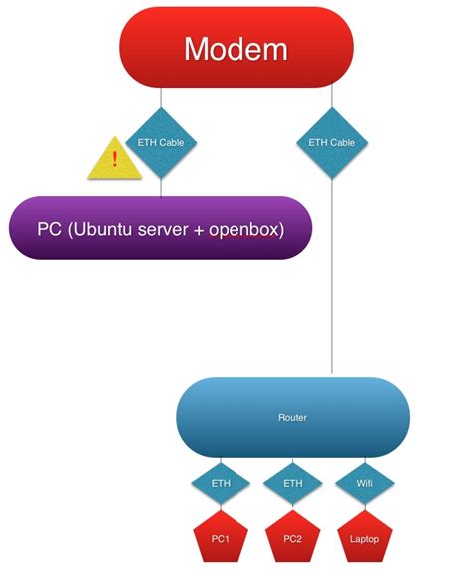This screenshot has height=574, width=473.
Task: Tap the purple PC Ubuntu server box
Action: click(x=161, y=229)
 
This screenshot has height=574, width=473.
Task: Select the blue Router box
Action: click(x=291, y=417)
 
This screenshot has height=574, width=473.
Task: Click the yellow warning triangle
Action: click(x=115, y=160)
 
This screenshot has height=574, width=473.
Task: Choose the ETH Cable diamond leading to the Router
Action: click(x=331, y=143)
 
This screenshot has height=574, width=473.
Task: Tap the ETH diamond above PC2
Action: click(x=292, y=483)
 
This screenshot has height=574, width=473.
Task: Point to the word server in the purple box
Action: click(x=167, y=230)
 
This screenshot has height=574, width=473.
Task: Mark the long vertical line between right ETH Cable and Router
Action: click(x=331, y=280)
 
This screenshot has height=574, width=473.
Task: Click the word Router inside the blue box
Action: click(x=291, y=417)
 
